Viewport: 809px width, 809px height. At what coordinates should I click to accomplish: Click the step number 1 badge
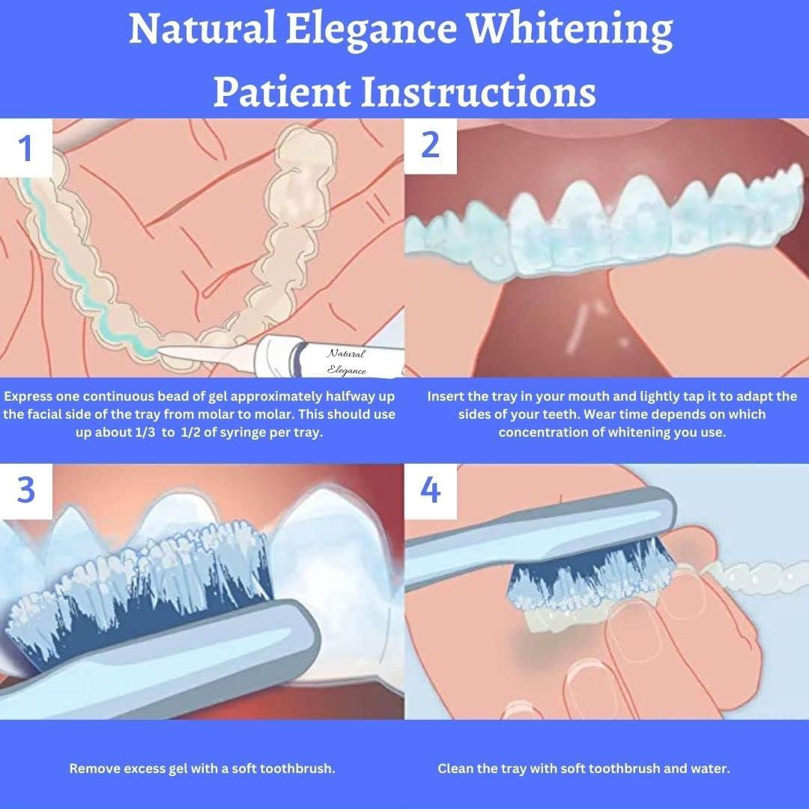click(26, 148)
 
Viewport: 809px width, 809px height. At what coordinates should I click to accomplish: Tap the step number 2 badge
click(430, 144)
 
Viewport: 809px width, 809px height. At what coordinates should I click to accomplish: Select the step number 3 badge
click(26, 490)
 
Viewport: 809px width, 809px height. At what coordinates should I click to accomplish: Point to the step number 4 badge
click(430, 490)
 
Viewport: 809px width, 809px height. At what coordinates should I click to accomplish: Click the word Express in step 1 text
click(31, 396)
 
